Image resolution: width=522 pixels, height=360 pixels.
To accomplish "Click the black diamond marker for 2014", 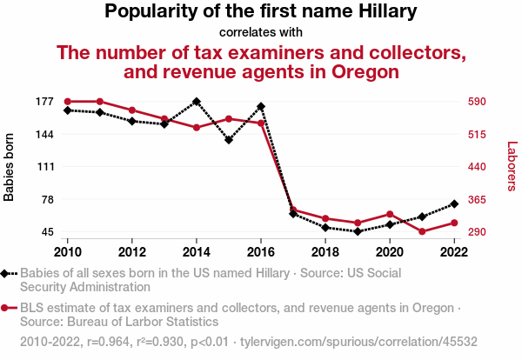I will [197, 102].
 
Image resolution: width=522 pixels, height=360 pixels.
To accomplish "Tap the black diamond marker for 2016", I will [261, 107].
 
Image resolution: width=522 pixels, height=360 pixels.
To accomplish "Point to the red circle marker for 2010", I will [68, 102].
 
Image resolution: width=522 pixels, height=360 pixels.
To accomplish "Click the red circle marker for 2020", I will [390, 214].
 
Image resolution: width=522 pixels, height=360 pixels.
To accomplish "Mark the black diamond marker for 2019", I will [358, 231].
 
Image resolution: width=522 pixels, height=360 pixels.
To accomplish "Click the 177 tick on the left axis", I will [43, 102].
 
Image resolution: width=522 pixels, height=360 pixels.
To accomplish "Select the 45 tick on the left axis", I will [46, 232].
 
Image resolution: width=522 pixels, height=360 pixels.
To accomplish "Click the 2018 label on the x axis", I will [325, 252].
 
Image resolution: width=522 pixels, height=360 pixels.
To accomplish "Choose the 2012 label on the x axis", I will [132, 252].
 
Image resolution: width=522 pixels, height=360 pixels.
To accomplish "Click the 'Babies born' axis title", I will [10, 167].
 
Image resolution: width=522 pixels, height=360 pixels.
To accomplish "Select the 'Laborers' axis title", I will [512, 167].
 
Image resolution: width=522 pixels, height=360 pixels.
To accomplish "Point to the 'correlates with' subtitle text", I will [261, 32].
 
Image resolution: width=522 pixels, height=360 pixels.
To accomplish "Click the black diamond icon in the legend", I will [6, 273].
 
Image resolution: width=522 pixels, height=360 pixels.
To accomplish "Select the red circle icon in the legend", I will [6, 308].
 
